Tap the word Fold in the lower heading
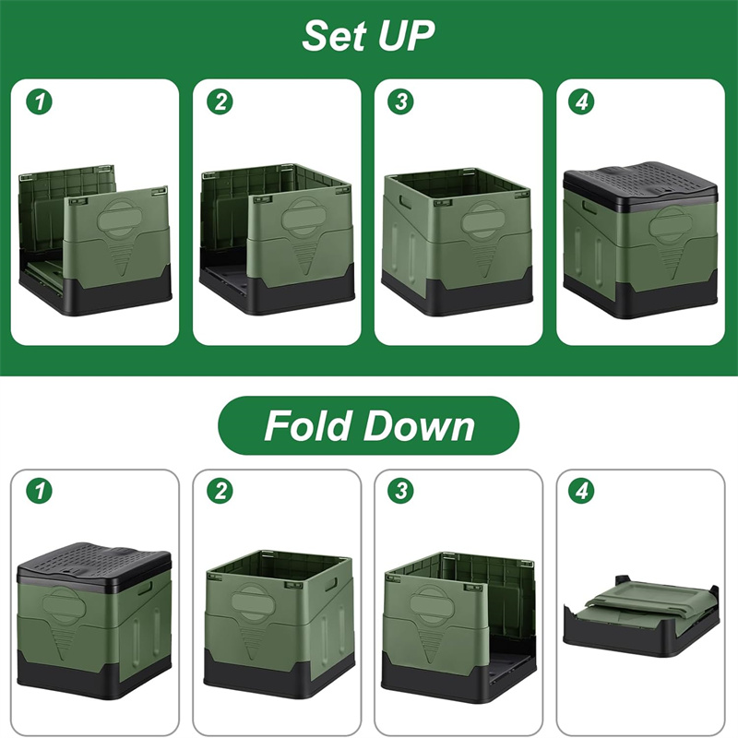point(308,425)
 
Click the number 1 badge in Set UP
point(39,102)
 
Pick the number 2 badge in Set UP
point(220,101)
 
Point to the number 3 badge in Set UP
point(401,101)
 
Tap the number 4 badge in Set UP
point(582,101)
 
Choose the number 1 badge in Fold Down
point(40,492)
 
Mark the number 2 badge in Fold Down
point(220,491)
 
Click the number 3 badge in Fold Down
point(401,491)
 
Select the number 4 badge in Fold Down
point(582,491)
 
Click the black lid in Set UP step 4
point(640,185)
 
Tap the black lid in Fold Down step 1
point(94,567)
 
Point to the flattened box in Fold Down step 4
point(640,613)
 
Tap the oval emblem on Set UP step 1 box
point(119,220)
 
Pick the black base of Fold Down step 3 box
point(458,679)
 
